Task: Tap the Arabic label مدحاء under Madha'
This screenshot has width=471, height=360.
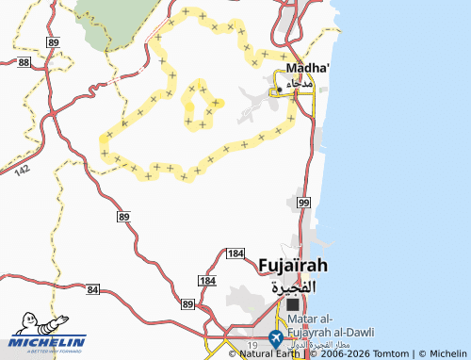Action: (298, 86)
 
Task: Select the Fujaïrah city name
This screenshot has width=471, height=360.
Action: (294, 267)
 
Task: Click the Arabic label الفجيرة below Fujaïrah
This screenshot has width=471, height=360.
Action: (294, 286)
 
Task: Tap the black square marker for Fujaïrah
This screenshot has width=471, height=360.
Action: (293, 305)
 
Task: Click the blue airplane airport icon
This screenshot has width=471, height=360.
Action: (276, 336)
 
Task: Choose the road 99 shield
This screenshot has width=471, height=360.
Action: (302, 203)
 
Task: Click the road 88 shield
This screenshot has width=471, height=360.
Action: (24, 61)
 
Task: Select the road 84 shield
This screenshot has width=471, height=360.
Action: (91, 290)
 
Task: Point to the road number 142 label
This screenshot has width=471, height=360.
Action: (24, 169)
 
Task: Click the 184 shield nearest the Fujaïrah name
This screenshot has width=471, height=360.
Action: (236, 254)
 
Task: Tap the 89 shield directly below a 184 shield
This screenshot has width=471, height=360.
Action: (188, 304)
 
